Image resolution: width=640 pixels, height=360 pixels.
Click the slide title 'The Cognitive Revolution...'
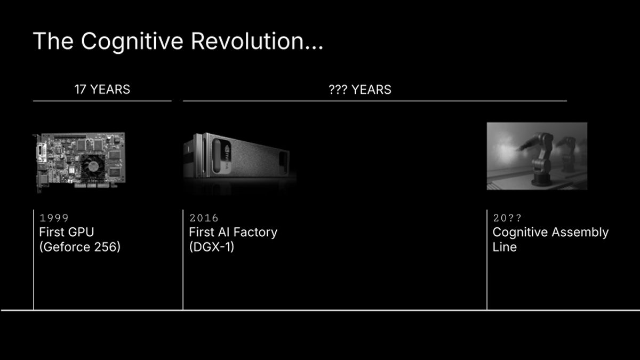[178, 42]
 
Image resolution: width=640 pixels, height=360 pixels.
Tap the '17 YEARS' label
[102, 89]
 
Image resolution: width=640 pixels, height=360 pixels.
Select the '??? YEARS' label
[359, 90]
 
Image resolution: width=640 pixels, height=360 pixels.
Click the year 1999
[54, 218]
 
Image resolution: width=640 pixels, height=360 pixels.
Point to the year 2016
[204, 218]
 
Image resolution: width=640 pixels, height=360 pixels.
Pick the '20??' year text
[507, 218]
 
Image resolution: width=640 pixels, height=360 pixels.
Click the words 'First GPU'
[66, 232]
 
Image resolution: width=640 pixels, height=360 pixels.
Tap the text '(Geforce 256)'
[79, 247]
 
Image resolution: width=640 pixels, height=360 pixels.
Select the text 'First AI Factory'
[233, 232]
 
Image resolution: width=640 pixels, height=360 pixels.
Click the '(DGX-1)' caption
[211, 247]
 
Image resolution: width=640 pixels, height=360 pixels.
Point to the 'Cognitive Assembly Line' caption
[550, 239]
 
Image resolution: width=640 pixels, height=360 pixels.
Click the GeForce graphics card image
[79, 162]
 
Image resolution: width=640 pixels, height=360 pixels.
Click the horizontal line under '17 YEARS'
[102, 100]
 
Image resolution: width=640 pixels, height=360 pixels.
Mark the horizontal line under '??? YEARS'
[374, 100]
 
